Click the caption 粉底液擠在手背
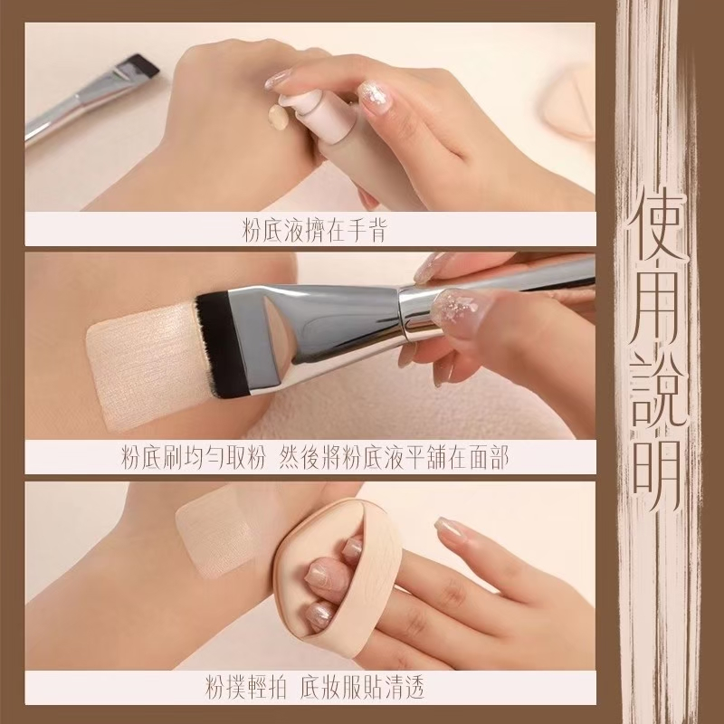[314, 229]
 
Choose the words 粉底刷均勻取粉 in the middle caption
[194, 458]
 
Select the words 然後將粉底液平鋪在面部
[394, 458]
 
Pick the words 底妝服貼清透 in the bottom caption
[362, 688]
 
